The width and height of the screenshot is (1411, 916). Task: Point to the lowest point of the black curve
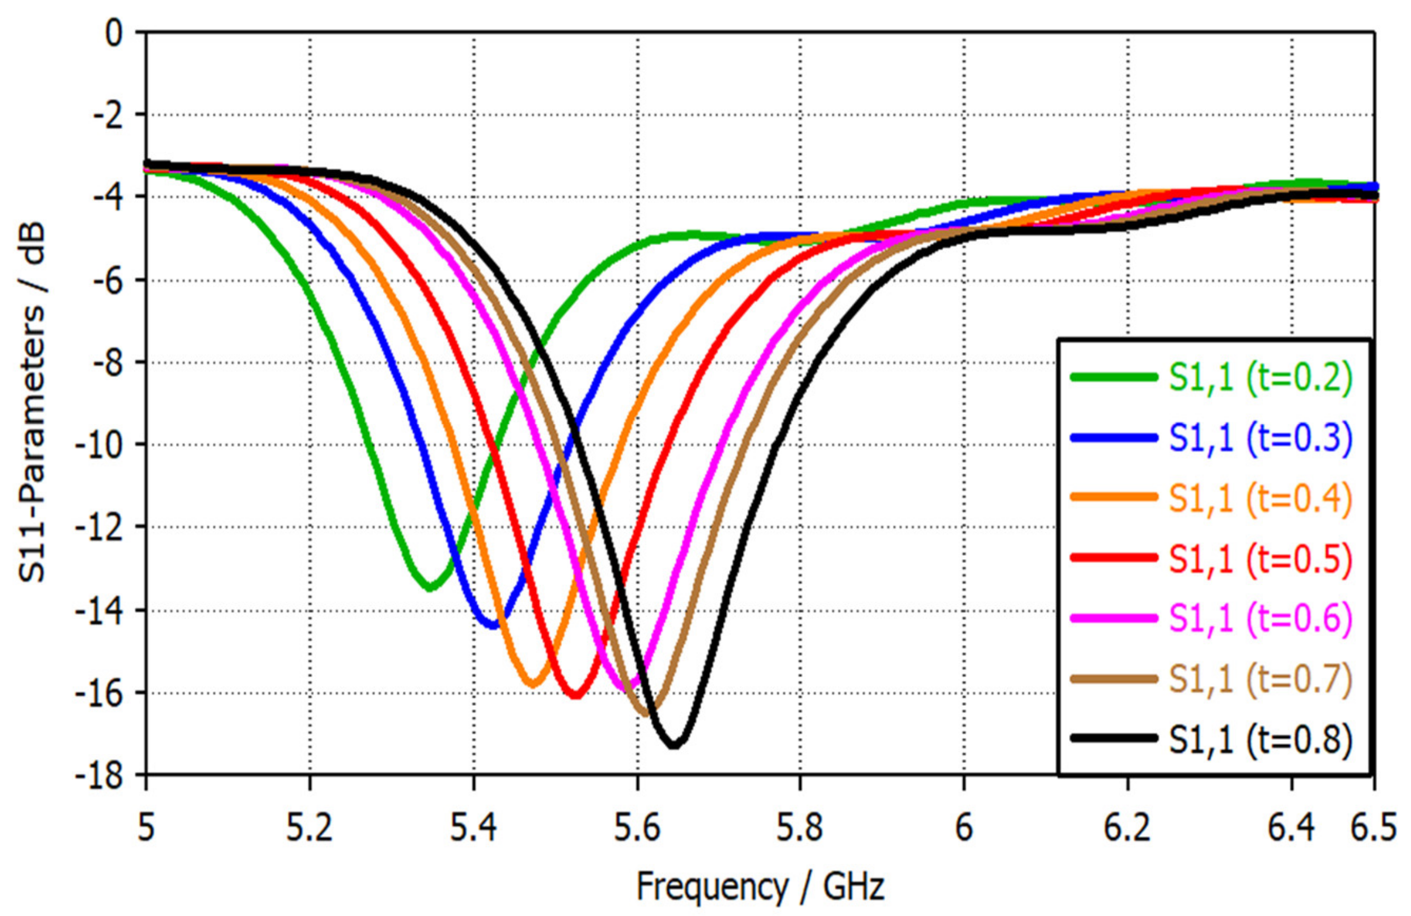(675, 745)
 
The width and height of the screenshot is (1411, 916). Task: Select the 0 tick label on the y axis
(112, 33)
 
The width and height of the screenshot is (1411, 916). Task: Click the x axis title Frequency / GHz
(760, 888)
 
